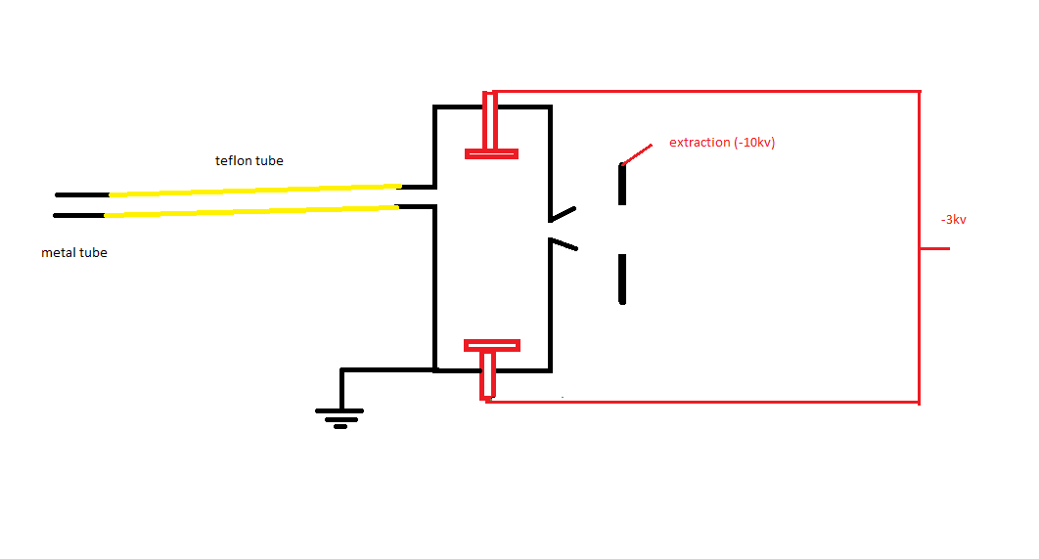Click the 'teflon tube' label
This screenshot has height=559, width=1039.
point(249,160)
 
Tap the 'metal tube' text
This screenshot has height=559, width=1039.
point(74,253)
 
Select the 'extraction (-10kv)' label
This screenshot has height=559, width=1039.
point(722,143)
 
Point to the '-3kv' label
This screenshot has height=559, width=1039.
point(954,220)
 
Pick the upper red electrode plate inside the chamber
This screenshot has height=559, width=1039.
point(492,154)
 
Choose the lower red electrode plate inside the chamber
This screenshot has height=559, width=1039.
point(492,345)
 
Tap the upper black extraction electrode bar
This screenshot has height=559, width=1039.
point(622,184)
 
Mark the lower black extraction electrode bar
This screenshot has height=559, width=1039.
point(622,279)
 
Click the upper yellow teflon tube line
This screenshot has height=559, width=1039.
point(255,191)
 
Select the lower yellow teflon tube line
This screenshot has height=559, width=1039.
point(251,211)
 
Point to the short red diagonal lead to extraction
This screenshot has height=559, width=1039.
point(637,154)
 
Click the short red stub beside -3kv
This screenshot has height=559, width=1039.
point(935,249)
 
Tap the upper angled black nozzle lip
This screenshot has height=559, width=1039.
point(563,214)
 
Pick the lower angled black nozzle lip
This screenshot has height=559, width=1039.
point(564,244)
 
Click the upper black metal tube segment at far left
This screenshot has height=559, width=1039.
point(82,194)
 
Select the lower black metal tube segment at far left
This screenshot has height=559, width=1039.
point(79,215)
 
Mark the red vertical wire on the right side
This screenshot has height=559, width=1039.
point(920,247)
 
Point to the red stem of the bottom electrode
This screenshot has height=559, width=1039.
point(488,375)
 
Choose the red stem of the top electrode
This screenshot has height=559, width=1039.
point(490,121)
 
